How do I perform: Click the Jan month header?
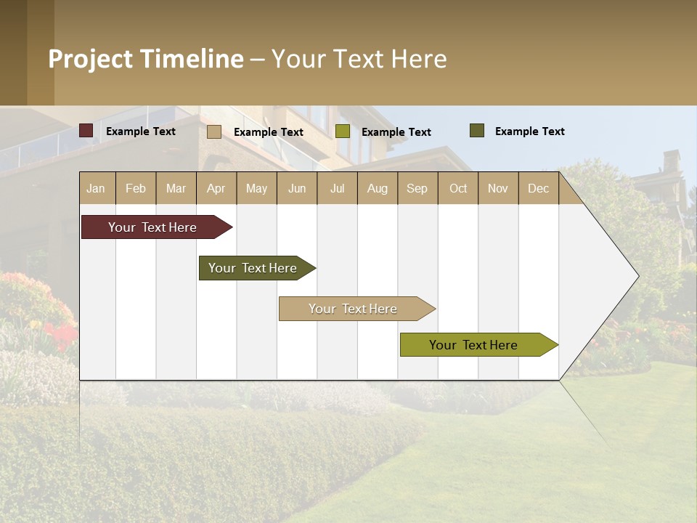tap(97, 188)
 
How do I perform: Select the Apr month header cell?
tap(216, 188)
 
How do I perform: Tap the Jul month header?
tap(338, 188)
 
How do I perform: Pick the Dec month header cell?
tap(538, 188)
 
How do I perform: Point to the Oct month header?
tap(458, 188)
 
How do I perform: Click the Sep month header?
tap(417, 188)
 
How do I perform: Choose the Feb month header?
tap(136, 188)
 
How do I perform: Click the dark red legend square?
tap(86, 131)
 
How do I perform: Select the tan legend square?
tap(214, 131)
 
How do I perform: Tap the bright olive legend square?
tap(343, 131)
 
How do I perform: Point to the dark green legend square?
tap(476, 131)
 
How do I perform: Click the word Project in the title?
tap(91, 59)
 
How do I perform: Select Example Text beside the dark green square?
tap(529, 131)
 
